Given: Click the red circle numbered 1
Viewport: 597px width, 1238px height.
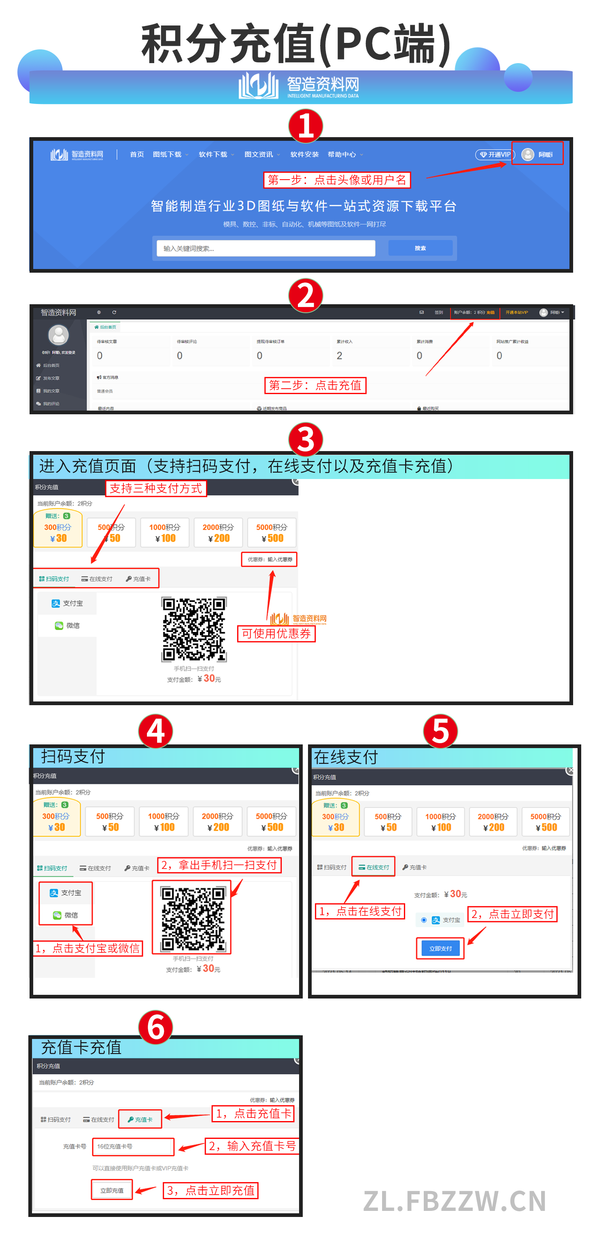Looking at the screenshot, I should point(305,126).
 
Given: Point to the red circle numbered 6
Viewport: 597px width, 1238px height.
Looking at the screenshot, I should point(155,1028).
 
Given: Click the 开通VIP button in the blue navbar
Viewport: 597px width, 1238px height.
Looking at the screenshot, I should point(495,155).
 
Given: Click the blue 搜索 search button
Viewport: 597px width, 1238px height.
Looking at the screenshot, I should point(420,248).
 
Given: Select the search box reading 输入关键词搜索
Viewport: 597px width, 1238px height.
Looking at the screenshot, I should point(266,248).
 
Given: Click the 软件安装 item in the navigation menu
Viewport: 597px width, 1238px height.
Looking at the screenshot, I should point(304,155).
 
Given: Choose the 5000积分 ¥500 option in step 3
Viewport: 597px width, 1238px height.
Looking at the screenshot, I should point(272,532).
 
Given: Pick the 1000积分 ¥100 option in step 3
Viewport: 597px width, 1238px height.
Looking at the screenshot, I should point(165,532).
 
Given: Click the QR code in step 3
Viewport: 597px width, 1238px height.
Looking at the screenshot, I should point(194,629).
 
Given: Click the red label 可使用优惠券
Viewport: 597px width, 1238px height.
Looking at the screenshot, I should point(276,634).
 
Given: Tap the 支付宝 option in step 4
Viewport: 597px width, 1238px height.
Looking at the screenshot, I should point(66,892).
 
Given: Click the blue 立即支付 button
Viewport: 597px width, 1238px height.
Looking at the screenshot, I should point(440,948).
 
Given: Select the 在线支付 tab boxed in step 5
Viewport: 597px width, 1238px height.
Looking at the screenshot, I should point(374,867).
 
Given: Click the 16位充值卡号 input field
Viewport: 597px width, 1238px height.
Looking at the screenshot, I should point(133,1146).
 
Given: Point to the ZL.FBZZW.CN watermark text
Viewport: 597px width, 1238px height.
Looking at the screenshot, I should point(454,1200).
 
